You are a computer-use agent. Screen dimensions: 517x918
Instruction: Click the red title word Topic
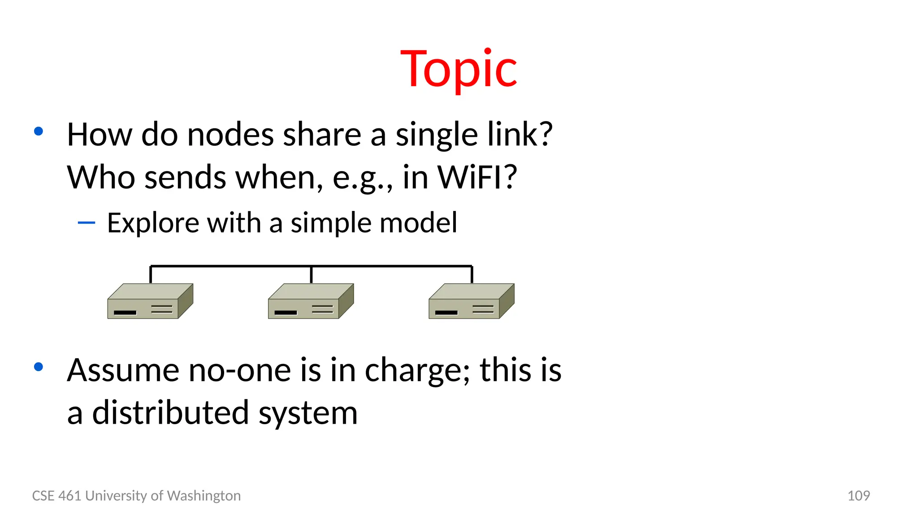click(459, 69)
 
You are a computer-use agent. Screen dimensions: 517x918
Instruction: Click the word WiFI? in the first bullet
click(477, 177)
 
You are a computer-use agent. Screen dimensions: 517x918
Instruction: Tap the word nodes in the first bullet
click(230, 135)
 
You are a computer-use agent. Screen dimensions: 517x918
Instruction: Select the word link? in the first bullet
click(520, 135)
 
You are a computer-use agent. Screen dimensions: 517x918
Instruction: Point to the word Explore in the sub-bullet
click(152, 223)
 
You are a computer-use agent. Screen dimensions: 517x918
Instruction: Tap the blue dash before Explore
click(86, 222)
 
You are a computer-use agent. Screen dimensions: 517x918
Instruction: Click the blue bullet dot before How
click(39, 131)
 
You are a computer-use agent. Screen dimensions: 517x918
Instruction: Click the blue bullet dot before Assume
click(39, 367)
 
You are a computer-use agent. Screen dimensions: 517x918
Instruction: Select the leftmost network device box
click(150, 301)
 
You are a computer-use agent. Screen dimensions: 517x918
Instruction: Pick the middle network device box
click(311, 301)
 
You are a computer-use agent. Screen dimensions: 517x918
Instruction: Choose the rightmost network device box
click(471, 301)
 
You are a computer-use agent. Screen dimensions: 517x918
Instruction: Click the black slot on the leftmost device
click(125, 312)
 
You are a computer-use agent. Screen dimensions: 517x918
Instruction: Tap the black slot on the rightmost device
click(446, 312)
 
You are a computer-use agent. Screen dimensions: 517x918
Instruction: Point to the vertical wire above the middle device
click(311, 275)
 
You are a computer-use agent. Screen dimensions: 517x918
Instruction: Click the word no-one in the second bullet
click(239, 370)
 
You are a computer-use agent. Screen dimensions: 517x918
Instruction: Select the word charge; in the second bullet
click(417, 370)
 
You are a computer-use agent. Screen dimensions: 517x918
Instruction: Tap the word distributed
click(170, 413)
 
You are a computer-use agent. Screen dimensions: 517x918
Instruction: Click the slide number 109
click(858, 495)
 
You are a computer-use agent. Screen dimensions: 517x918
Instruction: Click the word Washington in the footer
click(204, 495)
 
